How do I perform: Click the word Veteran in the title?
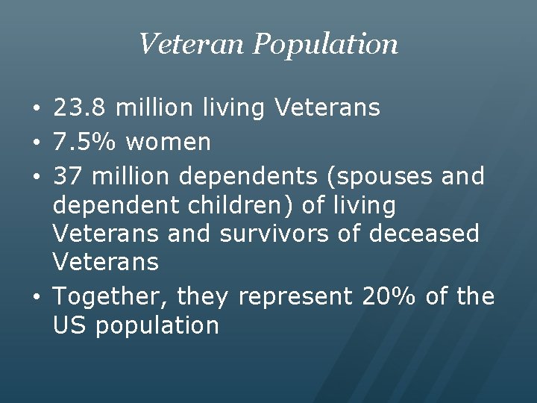click(192, 44)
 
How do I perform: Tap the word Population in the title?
click(325, 45)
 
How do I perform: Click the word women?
click(169, 141)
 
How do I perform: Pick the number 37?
click(67, 177)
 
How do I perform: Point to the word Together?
click(111, 297)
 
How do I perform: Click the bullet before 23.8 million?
click(37, 109)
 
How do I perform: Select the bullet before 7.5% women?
click(37, 142)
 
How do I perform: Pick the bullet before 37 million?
click(37, 178)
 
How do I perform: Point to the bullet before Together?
click(37, 298)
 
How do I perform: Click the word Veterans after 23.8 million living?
click(327, 108)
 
